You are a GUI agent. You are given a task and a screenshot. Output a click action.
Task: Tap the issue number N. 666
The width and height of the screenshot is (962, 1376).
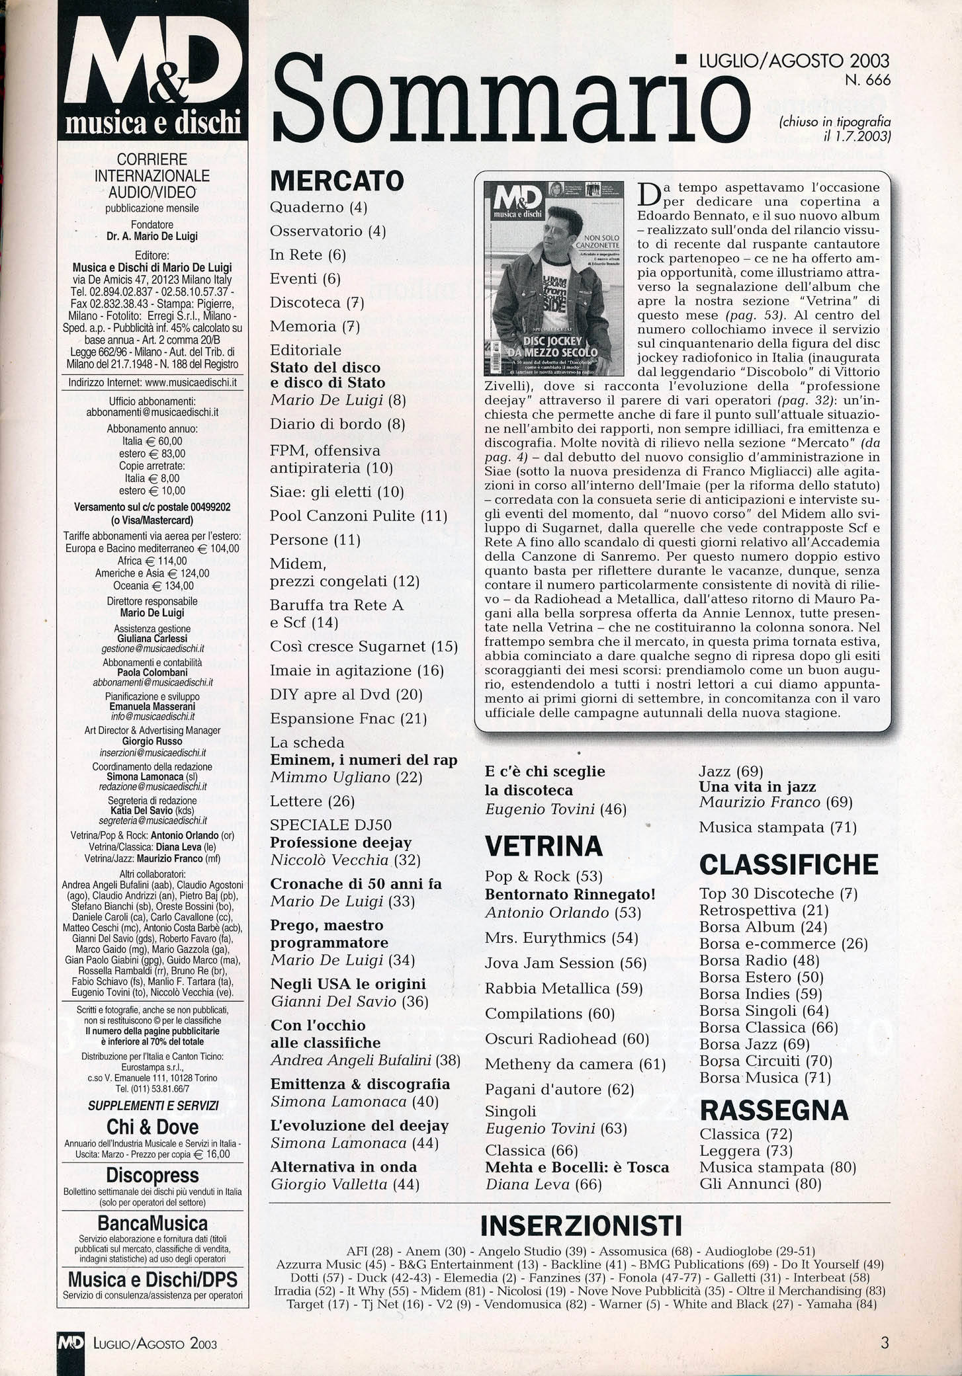(x=867, y=80)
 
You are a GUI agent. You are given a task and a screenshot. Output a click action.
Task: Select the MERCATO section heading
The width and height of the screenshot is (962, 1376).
(x=337, y=181)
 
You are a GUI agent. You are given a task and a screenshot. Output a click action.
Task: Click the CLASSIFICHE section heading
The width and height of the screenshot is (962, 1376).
(x=789, y=864)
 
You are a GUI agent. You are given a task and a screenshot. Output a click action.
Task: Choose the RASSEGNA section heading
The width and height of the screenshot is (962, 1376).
(x=773, y=1110)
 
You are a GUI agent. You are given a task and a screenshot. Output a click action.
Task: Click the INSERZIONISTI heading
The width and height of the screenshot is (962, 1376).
(x=580, y=1225)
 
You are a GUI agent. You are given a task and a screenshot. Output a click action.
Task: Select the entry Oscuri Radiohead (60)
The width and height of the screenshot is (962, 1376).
(x=567, y=1039)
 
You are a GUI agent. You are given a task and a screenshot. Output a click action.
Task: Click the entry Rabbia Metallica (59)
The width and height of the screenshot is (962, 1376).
(x=564, y=989)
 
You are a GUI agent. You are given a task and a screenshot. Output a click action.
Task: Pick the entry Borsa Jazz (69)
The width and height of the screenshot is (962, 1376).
(x=754, y=1044)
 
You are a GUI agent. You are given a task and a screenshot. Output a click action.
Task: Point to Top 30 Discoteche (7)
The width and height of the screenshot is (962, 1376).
(x=778, y=894)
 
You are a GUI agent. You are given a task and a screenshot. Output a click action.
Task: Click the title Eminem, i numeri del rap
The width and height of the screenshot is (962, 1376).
(x=364, y=760)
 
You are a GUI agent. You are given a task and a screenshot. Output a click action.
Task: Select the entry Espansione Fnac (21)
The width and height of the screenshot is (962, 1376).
(x=348, y=718)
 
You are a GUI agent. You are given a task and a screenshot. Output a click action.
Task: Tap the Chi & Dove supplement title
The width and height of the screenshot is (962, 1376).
(x=152, y=1127)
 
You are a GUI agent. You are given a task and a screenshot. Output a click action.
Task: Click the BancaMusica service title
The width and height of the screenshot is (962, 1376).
(x=153, y=1223)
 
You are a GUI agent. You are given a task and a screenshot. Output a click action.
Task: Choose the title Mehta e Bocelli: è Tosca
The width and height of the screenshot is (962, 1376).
(x=577, y=1167)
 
